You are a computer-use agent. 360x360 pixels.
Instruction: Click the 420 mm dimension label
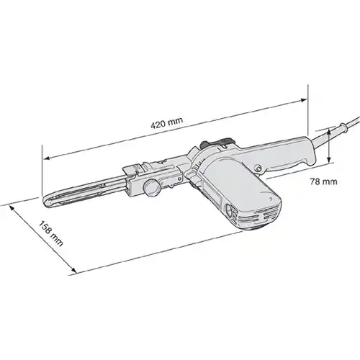[x=167, y=123]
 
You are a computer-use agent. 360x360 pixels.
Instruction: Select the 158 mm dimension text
[x=51, y=233]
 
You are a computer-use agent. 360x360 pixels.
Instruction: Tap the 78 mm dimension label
[x=323, y=181]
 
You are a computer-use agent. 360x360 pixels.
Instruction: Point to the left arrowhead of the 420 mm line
[x=47, y=158]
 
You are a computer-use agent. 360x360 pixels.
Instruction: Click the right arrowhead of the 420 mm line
[x=304, y=100]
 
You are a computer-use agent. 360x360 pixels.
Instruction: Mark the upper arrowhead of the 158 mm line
[x=12, y=207]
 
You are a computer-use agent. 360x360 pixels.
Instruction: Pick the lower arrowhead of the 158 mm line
[x=74, y=270]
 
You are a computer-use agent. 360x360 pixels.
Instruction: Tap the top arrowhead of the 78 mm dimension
[x=329, y=131]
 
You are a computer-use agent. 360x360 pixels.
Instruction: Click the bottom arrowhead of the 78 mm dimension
[x=329, y=160]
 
